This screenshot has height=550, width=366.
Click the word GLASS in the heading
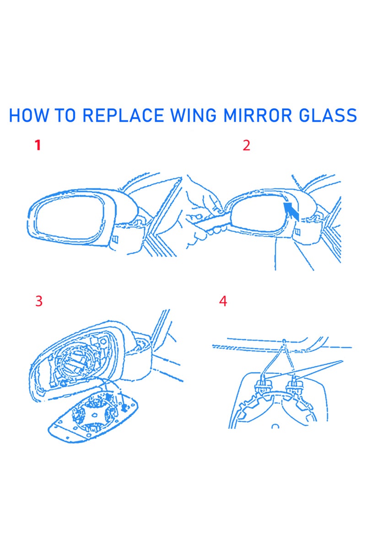[x=329, y=115]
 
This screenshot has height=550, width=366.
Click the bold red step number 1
[x=38, y=146]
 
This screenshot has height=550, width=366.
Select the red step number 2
[x=247, y=146]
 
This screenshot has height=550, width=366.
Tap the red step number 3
[x=39, y=301]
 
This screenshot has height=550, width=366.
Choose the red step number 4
[x=223, y=301]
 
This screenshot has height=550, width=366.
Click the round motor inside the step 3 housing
[x=75, y=364]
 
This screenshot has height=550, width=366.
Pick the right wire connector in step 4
[x=293, y=383]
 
